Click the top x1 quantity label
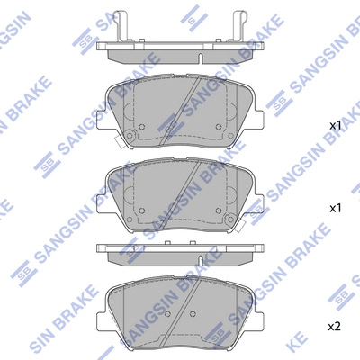337,125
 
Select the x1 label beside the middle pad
337,208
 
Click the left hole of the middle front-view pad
138,210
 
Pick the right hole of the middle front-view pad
215,210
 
